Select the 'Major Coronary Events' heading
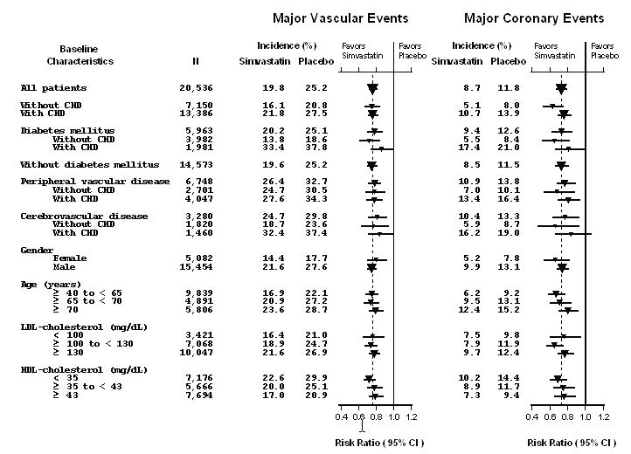533,18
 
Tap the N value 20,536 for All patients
195,88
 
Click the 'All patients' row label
53,88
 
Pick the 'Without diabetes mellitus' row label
89,164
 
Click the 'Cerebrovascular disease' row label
84,216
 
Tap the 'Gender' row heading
38,250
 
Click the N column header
195,62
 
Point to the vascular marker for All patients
373,88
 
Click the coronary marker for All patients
561,88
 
